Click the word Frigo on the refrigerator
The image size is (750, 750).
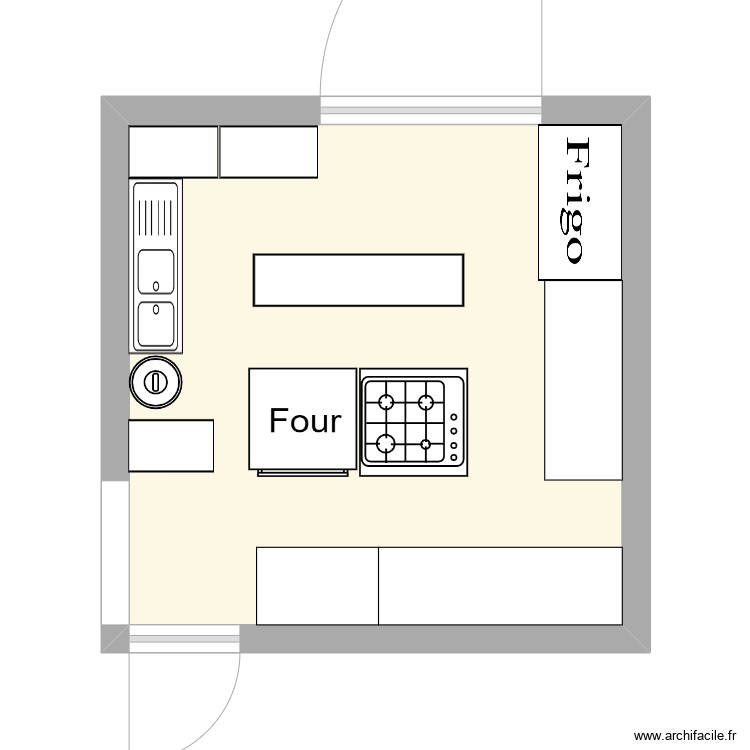click(574, 200)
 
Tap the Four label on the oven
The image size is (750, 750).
click(305, 421)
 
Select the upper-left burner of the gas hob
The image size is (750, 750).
click(386, 402)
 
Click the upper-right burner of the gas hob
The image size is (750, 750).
click(426, 402)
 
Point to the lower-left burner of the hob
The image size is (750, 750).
click(386, 443)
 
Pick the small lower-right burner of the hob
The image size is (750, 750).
click(425, 444)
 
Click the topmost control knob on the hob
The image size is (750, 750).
click(453, 417)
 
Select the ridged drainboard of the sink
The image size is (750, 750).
click(155, 217)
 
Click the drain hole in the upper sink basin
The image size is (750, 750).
click(156, 286)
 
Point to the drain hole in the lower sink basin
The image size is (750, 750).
click(156, 309)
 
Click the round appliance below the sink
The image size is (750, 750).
click(155, 382)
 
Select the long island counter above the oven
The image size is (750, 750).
click(358, 280)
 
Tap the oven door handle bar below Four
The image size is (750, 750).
click(303, 473)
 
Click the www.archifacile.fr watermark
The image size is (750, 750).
click(685, 736)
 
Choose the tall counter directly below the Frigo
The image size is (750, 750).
click(584, 380)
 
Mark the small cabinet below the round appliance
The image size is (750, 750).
click(171, 446)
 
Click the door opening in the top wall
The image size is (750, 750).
click(430, 110)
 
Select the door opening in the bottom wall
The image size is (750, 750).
click(185, 639)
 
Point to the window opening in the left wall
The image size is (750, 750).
click(115, 552)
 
